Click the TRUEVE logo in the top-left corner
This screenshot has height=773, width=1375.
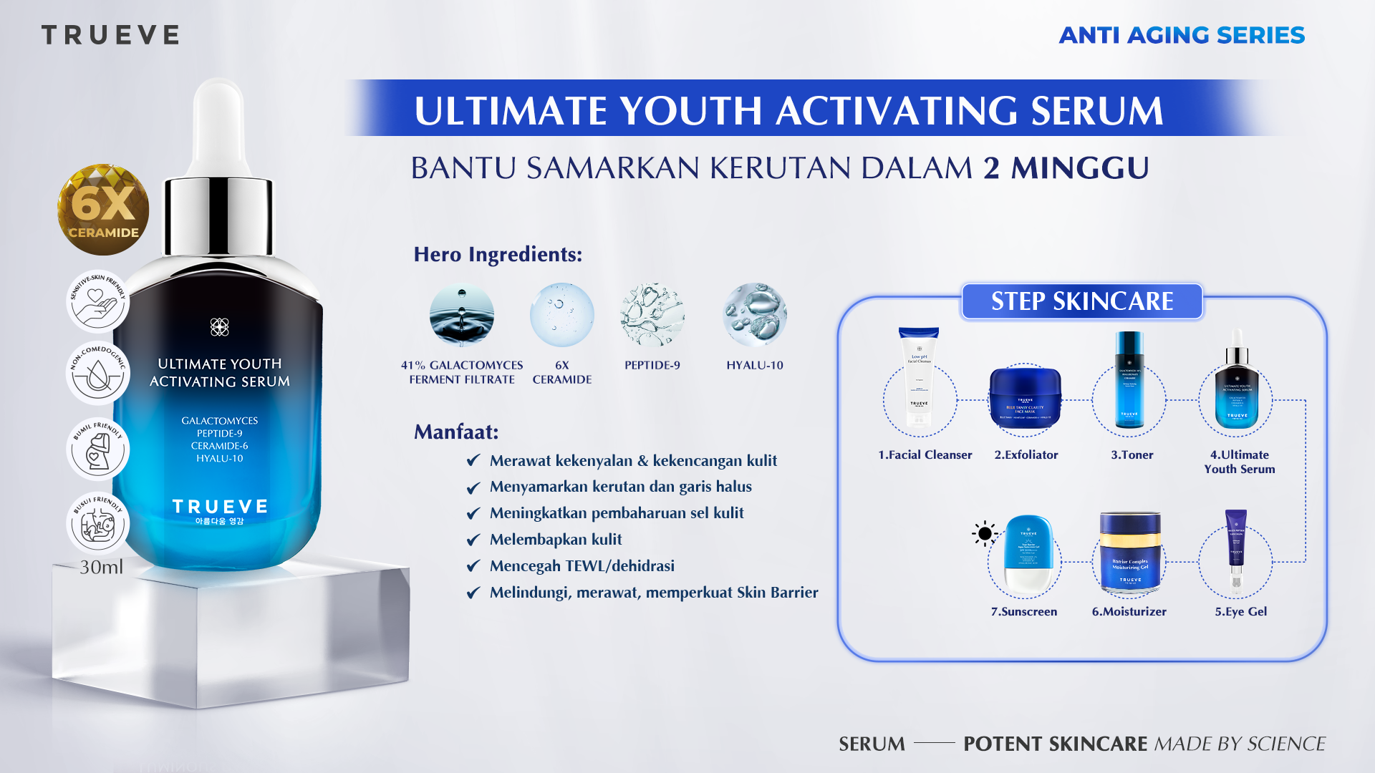click(x=110, y=35)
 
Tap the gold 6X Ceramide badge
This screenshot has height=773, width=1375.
click(x=103, y=210)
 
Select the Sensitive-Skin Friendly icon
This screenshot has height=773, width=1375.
click(x=97, y=301)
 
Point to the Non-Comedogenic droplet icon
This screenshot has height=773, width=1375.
click(x=97, y=373)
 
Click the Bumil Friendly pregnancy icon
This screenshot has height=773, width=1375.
click(x=97, y=449)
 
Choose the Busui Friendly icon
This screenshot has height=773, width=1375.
click(x=97, y=523)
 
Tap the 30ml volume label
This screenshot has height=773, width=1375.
click(x=101, y=567)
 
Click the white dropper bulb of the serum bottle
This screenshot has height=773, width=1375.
click(x=219, y=122)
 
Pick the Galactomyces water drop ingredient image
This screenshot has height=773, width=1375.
click(x=462, y=315)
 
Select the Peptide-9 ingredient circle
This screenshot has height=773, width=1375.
click(x=652, y=315)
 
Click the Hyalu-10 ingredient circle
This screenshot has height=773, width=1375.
click(x=755, y=315)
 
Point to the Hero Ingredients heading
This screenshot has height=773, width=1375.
click(x=498, y=254)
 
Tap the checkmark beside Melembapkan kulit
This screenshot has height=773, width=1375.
click(x=473, y=540)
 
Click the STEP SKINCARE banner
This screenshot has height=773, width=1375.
click(x=1081, y=301)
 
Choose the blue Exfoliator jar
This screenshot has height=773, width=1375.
click(x=1025, y=397)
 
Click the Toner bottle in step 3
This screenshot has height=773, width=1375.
click(x=1129, y=379)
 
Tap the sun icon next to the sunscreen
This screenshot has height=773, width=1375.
click(x=985, y=533)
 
